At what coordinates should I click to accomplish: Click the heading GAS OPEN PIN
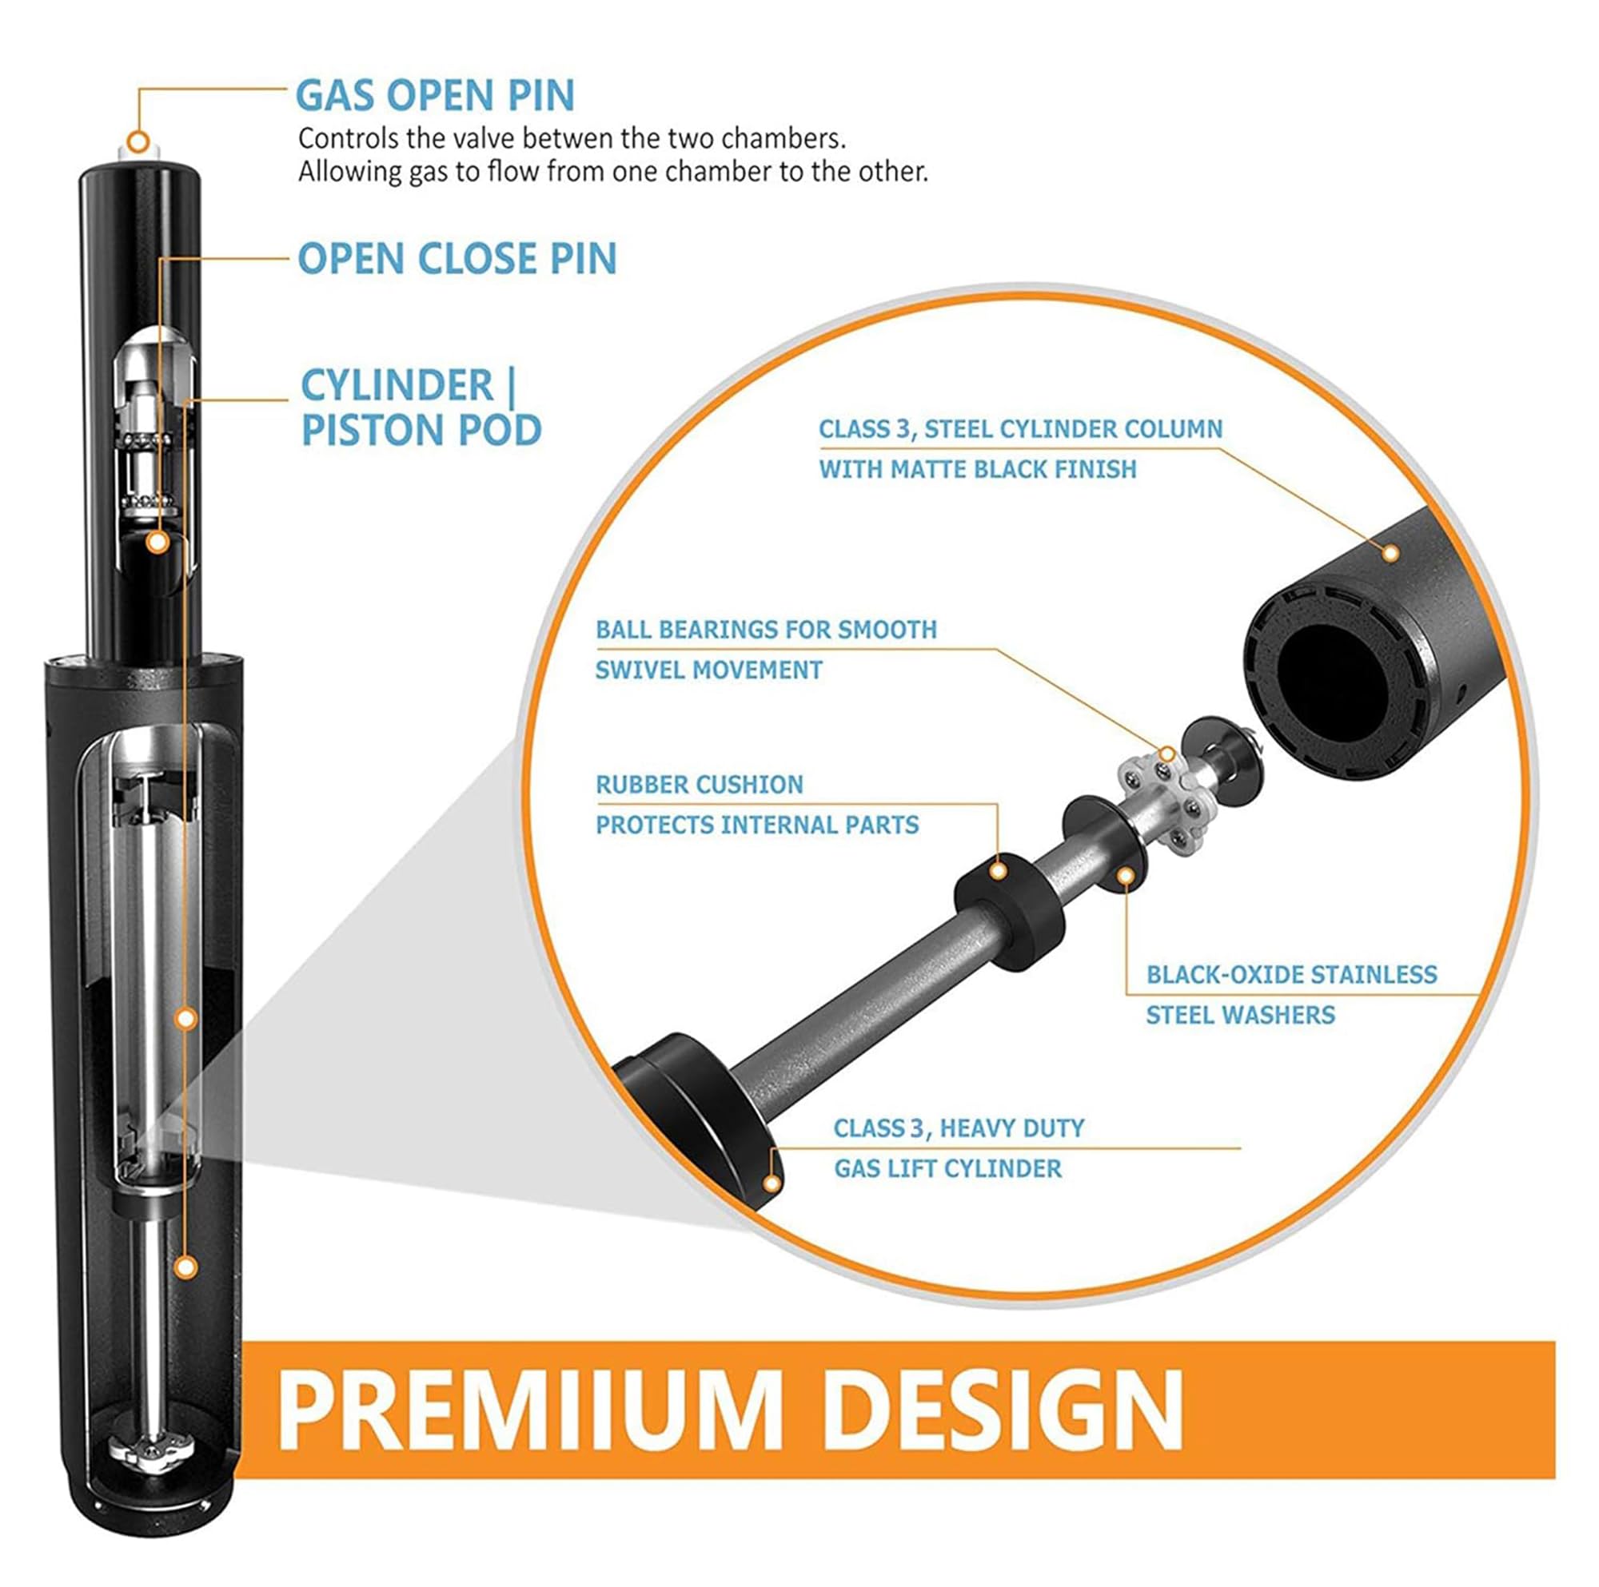436,95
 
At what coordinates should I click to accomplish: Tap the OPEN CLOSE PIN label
457,258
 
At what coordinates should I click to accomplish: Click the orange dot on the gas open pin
139,142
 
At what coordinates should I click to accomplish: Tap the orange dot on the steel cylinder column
1391,553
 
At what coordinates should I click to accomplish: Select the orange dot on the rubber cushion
998,871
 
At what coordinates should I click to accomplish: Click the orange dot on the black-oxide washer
1126,876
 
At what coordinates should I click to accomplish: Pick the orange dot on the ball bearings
1167,754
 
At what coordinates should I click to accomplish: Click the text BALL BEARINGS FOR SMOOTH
766,630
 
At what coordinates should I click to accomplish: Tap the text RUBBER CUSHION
700,785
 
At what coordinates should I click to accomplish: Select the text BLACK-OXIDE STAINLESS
1291,975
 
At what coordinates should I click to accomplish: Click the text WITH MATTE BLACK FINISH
978,469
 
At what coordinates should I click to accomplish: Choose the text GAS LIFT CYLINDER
947,1169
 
